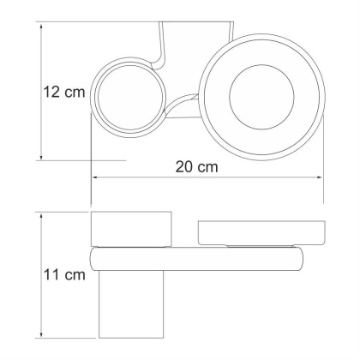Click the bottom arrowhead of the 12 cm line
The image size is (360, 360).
tap(41, 158)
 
